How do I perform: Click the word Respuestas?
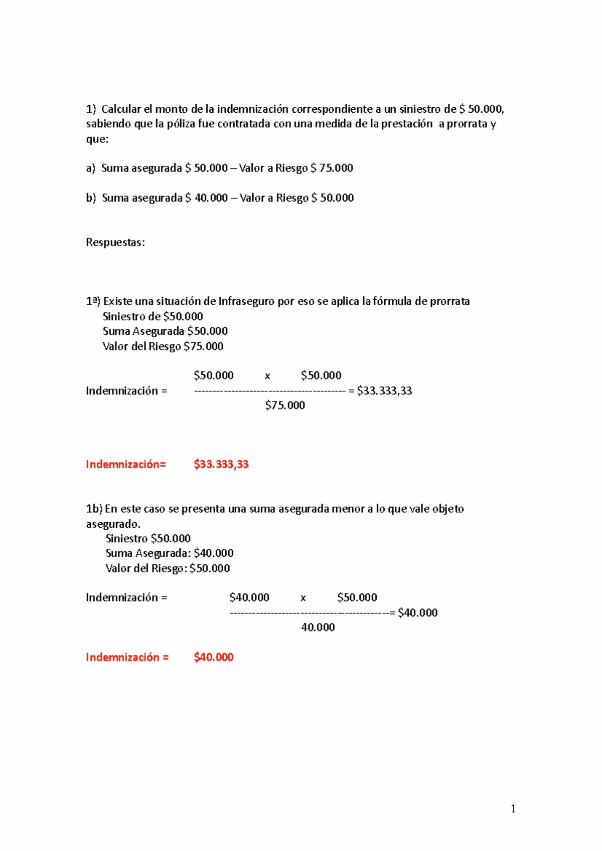pos(115,243)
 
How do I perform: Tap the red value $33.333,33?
pos(221,464)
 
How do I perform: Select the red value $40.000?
pos(214,657)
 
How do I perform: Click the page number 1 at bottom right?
pos(513,808)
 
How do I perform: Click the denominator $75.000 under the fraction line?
pos(285,405)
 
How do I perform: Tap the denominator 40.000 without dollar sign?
pos(318,627)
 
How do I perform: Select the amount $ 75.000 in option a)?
pos(332,168)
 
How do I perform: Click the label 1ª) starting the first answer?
pos(93,301)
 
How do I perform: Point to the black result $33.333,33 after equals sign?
pos(384,390)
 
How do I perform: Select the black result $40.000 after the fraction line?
pos(417,612)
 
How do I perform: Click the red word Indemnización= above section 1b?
pos(125,464)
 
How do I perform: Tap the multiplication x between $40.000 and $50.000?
pos(303,598)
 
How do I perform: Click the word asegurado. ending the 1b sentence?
pos(113,524)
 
